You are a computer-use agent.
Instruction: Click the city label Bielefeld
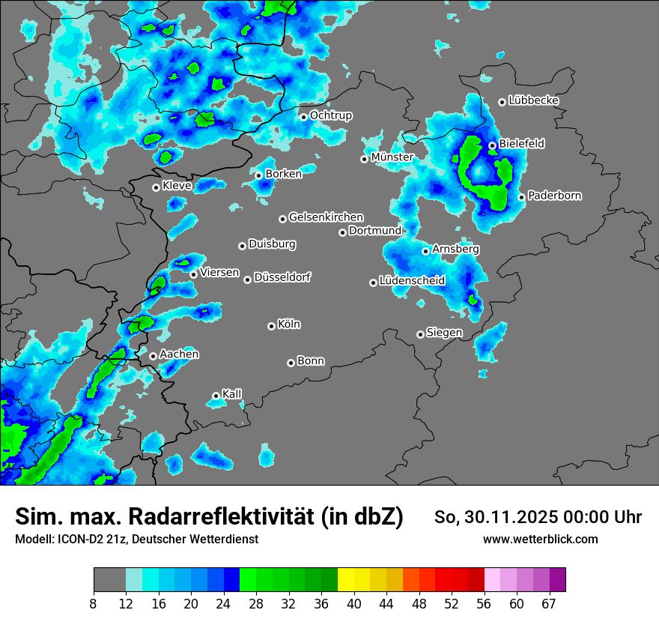pos(522,143)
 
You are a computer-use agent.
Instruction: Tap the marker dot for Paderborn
pos(521,197)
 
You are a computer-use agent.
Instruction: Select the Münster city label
pos(392,157)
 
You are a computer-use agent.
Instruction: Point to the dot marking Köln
pos(271,326)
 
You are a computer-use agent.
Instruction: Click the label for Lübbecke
pos(533,100)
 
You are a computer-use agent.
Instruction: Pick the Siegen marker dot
pos(420,334)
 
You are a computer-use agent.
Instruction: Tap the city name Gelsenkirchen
pos(326,217)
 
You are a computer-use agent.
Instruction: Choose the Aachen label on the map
pos(179,354)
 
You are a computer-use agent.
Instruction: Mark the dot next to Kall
pos(216,396)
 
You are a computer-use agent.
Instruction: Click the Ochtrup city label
pos(331,115)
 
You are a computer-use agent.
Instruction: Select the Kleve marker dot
pos(156,187)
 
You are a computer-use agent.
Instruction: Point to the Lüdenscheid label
pos(412,281)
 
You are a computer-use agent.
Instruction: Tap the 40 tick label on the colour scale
pos(354,604)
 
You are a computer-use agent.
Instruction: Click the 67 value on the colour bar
pos(548,604)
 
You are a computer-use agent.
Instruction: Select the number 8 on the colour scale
pos(94,604)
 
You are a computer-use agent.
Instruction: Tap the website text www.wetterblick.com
pos(540,540)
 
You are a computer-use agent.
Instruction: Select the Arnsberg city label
pos(455,249)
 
